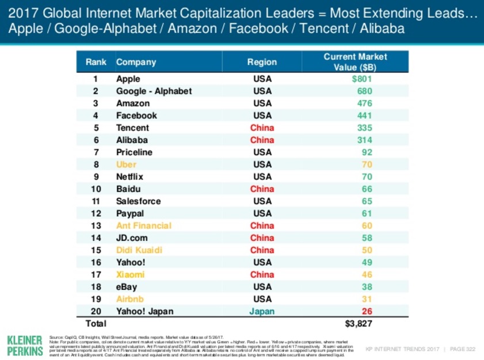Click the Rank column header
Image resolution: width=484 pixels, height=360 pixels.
pos(96,62)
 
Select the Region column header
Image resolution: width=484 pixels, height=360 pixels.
pos(262,62)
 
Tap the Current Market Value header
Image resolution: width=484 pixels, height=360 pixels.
pos(355,62)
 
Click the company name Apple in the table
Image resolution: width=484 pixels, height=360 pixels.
pos(128,79)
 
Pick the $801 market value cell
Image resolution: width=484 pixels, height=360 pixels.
pos(362,79)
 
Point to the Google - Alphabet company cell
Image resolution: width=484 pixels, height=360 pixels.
pos(154,91)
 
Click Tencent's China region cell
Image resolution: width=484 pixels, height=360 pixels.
pos(262,128)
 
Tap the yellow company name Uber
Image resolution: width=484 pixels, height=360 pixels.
pos(126,164)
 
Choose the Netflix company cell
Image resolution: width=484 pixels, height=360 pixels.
pos(129,177)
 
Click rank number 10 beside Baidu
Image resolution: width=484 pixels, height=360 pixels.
pos(96,189)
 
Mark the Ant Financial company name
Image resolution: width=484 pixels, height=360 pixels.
pos(143,225)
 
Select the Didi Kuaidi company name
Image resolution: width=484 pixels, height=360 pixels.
pos(139,250)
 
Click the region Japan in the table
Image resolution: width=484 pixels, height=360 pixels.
pos(262,311)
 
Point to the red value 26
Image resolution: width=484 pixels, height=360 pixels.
pos(367,311)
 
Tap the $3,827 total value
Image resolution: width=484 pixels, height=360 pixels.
pos(359,324)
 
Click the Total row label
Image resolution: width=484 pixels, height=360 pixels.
pos(96,324)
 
